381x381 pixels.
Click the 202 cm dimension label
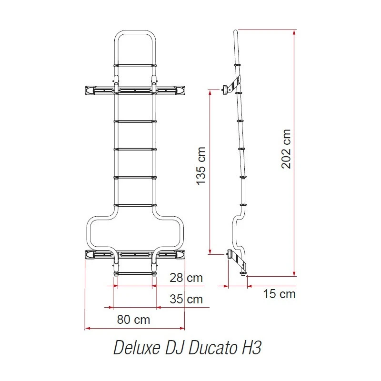click(286, 149)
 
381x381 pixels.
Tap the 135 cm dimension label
click(201, 166)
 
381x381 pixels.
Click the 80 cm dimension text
click(134, 320)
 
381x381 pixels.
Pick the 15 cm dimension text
click(280, 294)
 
